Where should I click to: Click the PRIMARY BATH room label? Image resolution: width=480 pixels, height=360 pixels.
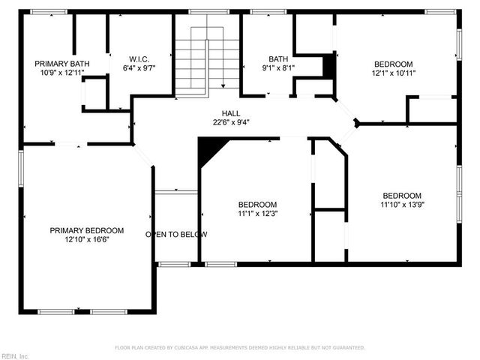point(62,64)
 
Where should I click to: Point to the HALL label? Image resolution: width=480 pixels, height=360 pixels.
point(230,112)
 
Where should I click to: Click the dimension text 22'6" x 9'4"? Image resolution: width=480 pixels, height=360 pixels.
point(230,121)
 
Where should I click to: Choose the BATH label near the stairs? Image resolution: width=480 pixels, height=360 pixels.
point(278,58)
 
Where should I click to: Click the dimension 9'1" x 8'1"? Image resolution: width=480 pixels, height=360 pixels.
point(278,68)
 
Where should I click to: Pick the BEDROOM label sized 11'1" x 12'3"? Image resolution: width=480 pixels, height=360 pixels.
point(257,205)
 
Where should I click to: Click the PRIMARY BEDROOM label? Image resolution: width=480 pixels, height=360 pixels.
point(87,230)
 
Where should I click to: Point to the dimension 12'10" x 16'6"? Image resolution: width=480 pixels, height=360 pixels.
point(87,240)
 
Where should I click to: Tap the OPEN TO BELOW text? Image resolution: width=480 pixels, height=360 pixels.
point(176,235)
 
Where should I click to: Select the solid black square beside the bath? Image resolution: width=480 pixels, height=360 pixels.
point(328,65)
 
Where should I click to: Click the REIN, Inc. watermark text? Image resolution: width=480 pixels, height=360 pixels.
point(15,355)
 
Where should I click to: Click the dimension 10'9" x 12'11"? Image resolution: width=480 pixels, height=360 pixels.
point(62,73)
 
